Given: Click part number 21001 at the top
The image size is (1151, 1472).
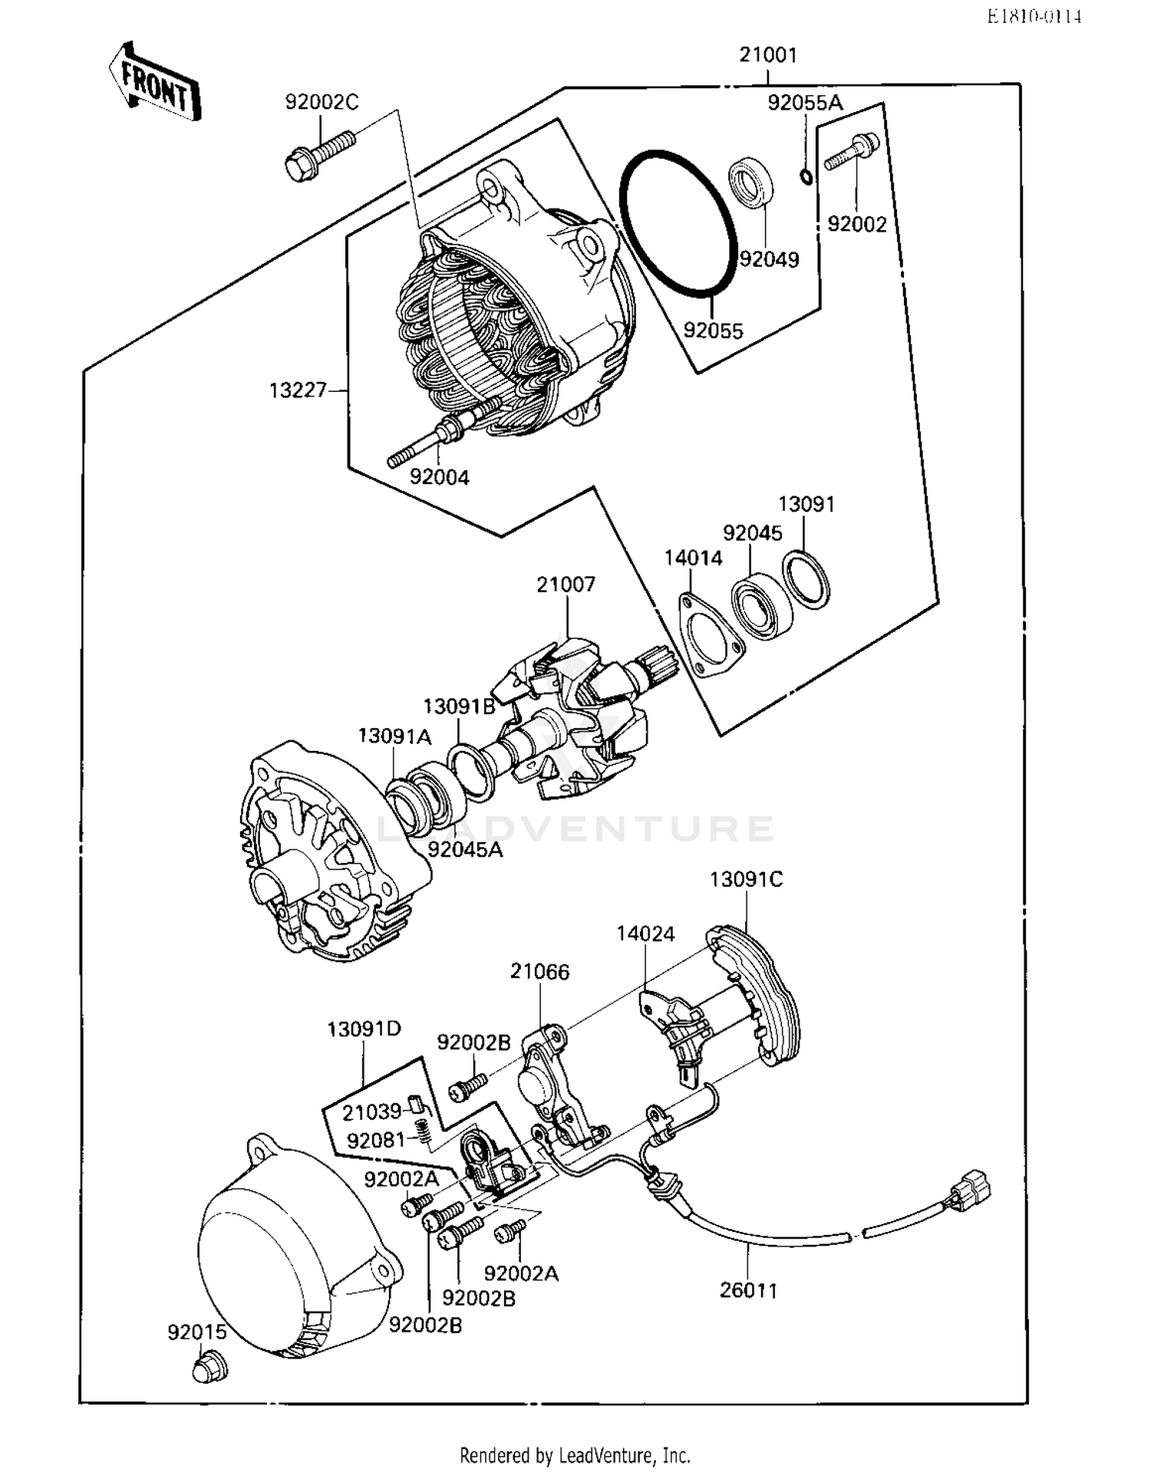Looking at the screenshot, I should [x=767, y=55].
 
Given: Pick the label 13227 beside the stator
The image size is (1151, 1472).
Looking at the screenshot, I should [x=298, y=390].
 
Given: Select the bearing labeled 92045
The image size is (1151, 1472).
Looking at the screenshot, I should [x=761, y=606].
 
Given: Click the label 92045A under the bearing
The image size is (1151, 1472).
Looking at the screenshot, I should [x=465, y=850].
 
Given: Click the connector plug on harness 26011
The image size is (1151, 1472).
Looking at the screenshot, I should [x=970, y=1190].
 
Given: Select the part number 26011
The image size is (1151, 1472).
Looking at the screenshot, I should [x=748, y=1290].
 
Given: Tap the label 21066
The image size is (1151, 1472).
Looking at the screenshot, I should [x=539, y=972].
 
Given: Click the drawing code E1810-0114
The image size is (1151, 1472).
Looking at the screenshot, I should [x=1034, y=17].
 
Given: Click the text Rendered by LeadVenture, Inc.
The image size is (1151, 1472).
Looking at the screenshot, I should [x=575, y=1455].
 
